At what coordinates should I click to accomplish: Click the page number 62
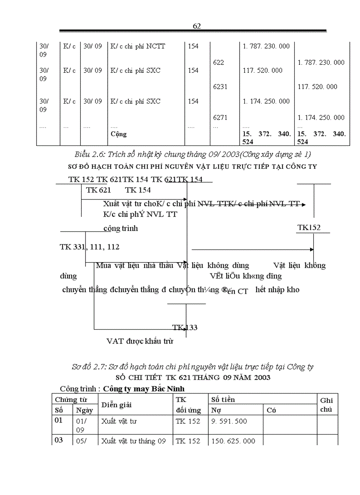point(197,26)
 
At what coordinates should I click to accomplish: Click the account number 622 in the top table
point(218,63)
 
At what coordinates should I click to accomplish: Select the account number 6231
point(220,87)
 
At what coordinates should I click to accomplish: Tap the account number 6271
point(220,118)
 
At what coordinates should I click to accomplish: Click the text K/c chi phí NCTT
point(138,46)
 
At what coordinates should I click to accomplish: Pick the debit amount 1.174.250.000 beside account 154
point(266,101)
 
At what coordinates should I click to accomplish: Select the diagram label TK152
point(309,227)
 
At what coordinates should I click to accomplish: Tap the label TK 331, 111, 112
point(90,247)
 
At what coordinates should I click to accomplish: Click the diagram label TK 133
point(185,328)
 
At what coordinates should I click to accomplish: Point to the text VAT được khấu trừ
point(140,341)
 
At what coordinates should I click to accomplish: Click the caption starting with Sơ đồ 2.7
point(193,367)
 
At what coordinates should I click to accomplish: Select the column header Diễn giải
point(116,405)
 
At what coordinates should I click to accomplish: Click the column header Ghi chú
point(326,405)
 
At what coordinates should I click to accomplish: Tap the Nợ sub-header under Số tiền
point(216,410)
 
